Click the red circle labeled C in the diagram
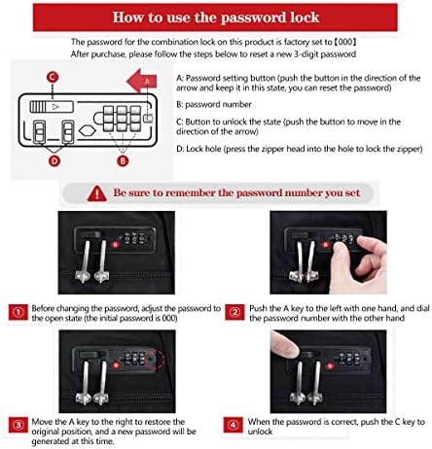click(x=52, y=77)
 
